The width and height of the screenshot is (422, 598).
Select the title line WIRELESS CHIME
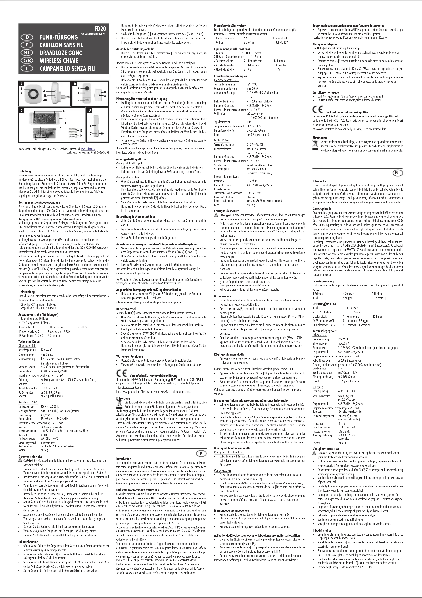tap(59, 61)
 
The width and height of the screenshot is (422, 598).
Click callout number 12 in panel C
tap(60, 127)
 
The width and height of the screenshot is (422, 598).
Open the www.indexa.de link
tap(88, 149)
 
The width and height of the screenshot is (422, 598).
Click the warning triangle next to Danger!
tap(216, 215)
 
